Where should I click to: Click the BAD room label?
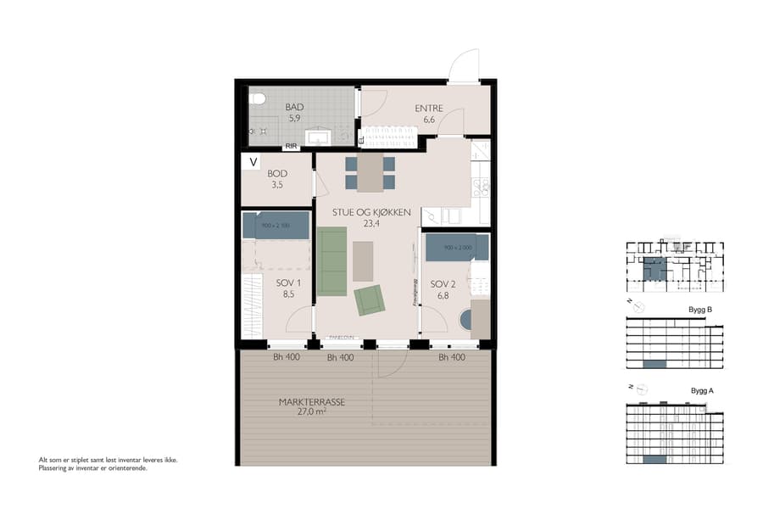click(294, 107)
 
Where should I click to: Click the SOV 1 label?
click(289, 283)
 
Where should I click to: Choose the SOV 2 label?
click(443, 284)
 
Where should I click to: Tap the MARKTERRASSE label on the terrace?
click(311, 403)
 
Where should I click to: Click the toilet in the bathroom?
click(258, 100)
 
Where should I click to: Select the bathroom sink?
click(320, 136)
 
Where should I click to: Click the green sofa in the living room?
click(331, 261)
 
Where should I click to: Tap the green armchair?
click(369, 300)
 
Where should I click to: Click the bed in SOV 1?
click(276, 226)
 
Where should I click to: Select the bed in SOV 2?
click(457, 247)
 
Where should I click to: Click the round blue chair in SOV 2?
click(465, 321)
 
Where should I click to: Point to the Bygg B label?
click(700, 310)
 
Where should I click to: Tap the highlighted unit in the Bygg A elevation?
click(654, 459)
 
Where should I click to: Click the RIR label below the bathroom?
click(291, 146)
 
